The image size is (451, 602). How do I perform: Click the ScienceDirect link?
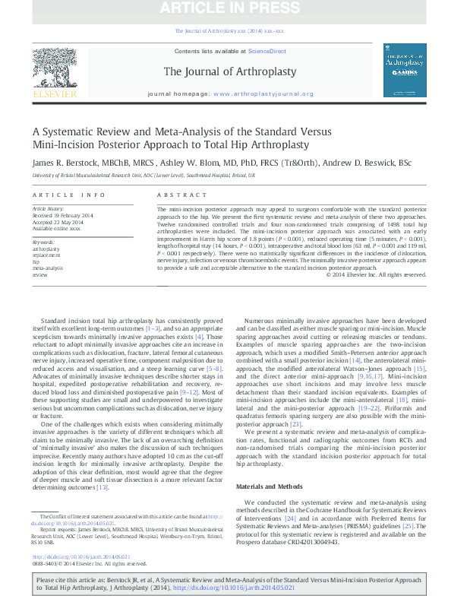coord(267,51)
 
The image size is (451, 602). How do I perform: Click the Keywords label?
coord(43,241)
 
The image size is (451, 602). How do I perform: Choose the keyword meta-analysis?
coord(47,268)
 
